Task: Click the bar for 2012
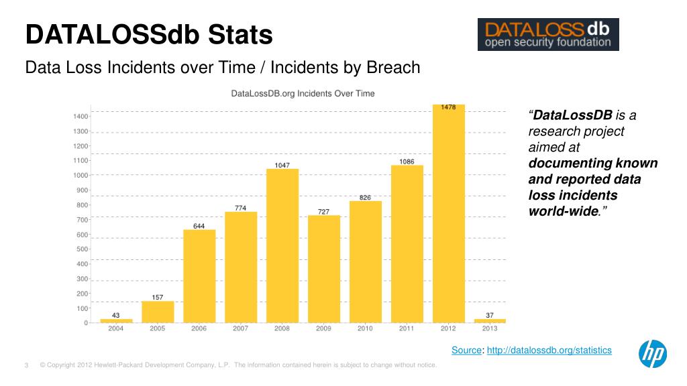click(449, 214)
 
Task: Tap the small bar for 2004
click(116, 320)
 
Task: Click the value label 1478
click(449, 107)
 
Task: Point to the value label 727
click(324, 212)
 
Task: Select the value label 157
click(158, 297)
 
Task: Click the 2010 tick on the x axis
click(366, 329)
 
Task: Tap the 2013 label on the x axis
click(490, 329)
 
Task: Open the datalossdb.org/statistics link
click(549, 350)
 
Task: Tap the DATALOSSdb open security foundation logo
click(547, 35)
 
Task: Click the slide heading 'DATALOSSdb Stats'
click(149, 35)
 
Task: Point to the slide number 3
click(26, 365)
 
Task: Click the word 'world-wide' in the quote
click(563, 212)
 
